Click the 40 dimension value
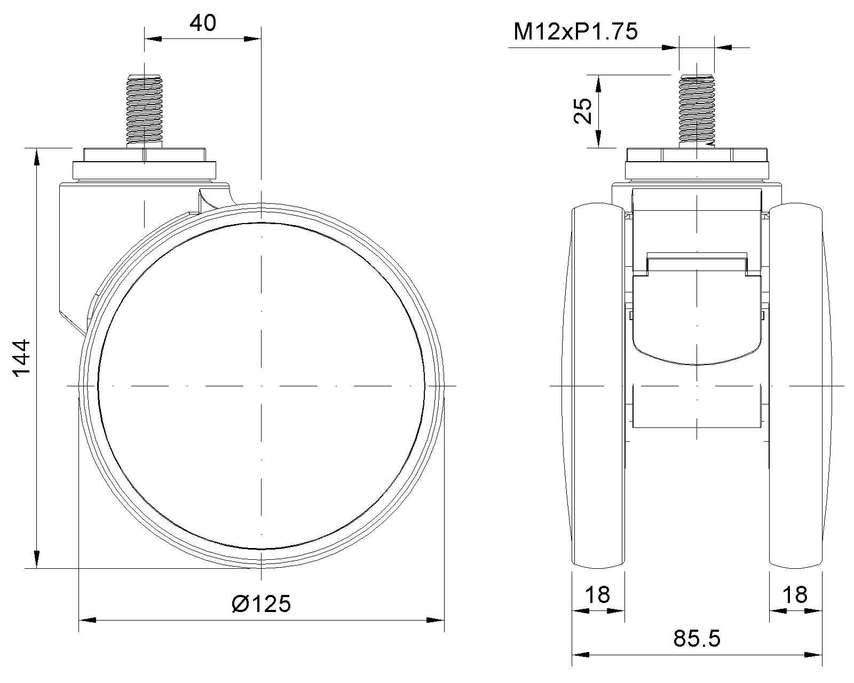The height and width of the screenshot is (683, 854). [203, 23]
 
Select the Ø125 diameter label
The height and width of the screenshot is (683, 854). [262, 603]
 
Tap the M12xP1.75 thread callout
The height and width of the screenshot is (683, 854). [575, 31]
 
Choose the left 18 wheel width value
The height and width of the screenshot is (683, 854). [598, 595]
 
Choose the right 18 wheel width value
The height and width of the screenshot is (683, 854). [795, 595]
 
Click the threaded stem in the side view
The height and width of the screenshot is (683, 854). [145, 110]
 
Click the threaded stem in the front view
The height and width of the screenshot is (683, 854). [697, 110]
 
